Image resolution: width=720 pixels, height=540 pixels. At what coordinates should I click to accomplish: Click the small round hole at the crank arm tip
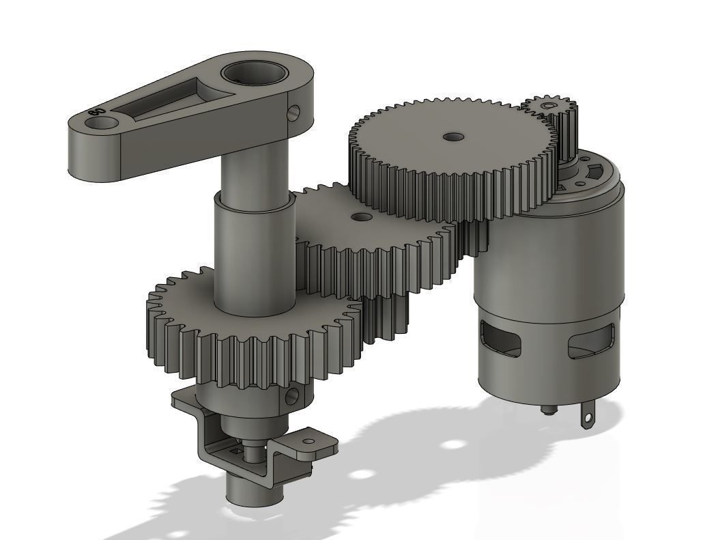[104, 122]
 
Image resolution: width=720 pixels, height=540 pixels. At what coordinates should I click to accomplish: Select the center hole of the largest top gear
[452, 137]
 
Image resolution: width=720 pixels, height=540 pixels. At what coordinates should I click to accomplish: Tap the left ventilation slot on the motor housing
[500, 339]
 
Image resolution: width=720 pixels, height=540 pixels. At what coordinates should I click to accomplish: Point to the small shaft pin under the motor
[547, 410]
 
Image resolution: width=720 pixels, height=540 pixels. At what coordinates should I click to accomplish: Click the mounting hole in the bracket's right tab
[308, 442]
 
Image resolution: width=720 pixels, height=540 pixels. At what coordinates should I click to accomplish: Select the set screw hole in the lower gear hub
[294, 395]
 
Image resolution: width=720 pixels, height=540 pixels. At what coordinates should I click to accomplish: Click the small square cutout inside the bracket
[237, 451]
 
